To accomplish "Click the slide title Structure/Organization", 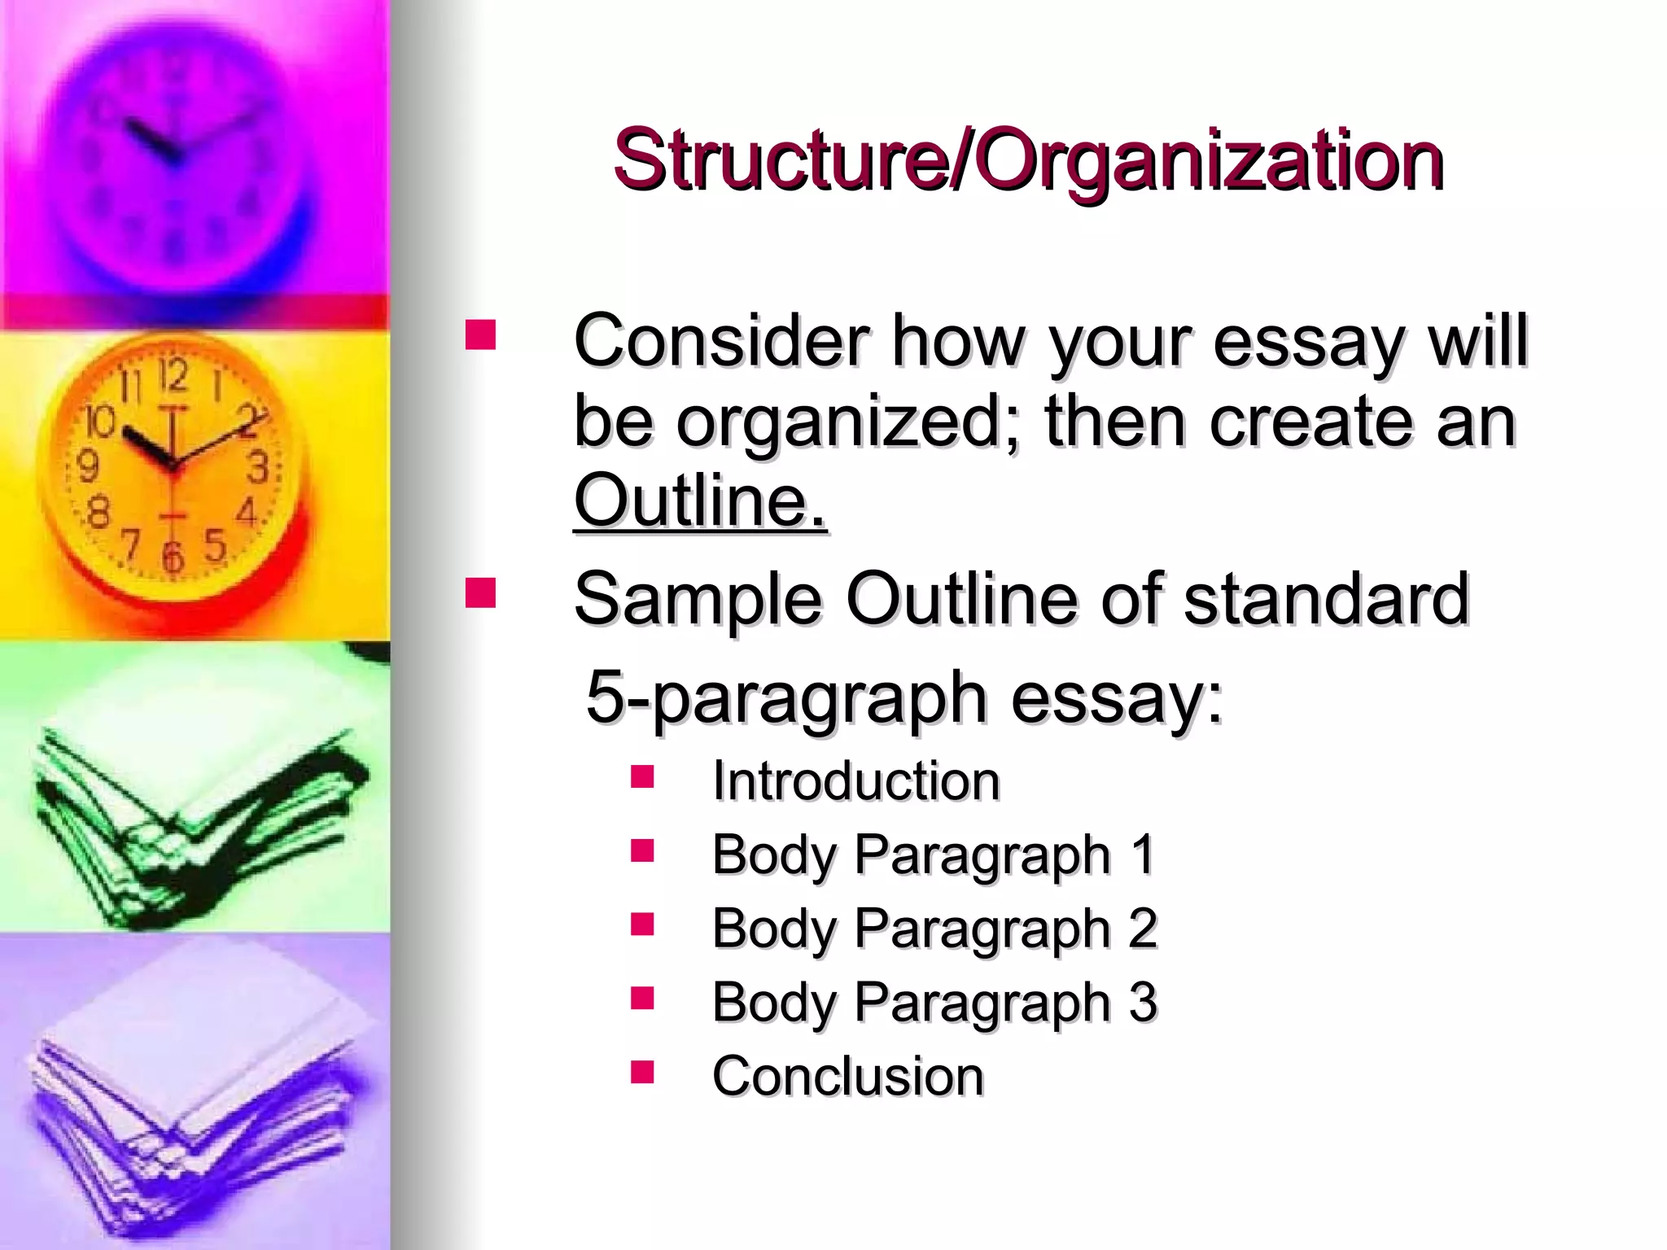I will point(1028,160).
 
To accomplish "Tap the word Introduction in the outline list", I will point(855,780).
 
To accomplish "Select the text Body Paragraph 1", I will point(933,854).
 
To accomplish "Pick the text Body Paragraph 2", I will point(934,929).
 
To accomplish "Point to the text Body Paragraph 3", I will point(934,1002).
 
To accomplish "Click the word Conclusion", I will point(847,1076).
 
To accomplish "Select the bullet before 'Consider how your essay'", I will point(480,334).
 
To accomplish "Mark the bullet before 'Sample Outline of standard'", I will point(480,593).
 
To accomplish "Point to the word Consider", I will point(721,340).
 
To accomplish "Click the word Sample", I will point(698,599).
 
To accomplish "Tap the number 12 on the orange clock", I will point(173,376).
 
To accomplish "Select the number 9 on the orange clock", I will point(87,466).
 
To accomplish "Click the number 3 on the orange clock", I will point(258,468).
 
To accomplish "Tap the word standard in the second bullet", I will point(1326,599).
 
